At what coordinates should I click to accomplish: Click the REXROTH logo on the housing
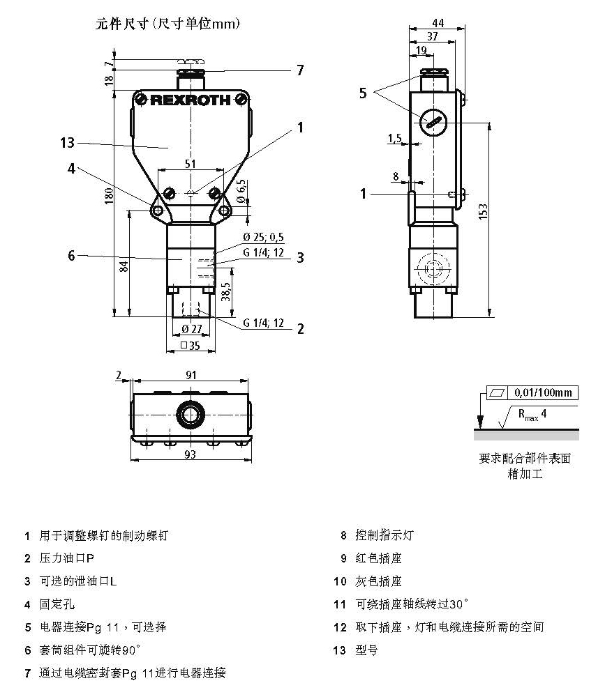190,100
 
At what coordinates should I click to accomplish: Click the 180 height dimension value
109,197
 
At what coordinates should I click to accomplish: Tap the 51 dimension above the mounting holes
190,164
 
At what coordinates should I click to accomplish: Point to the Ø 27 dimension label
191,329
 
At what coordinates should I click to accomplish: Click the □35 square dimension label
190,345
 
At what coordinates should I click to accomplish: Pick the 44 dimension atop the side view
438,23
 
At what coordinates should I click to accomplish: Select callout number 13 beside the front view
67,143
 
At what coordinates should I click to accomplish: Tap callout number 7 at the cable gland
300,70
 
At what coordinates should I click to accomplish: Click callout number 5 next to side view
363,93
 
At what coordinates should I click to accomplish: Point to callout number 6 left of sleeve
71,256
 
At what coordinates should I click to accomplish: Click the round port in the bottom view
190,414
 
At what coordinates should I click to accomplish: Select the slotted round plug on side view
432,123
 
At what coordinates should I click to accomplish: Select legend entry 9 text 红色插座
379,558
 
